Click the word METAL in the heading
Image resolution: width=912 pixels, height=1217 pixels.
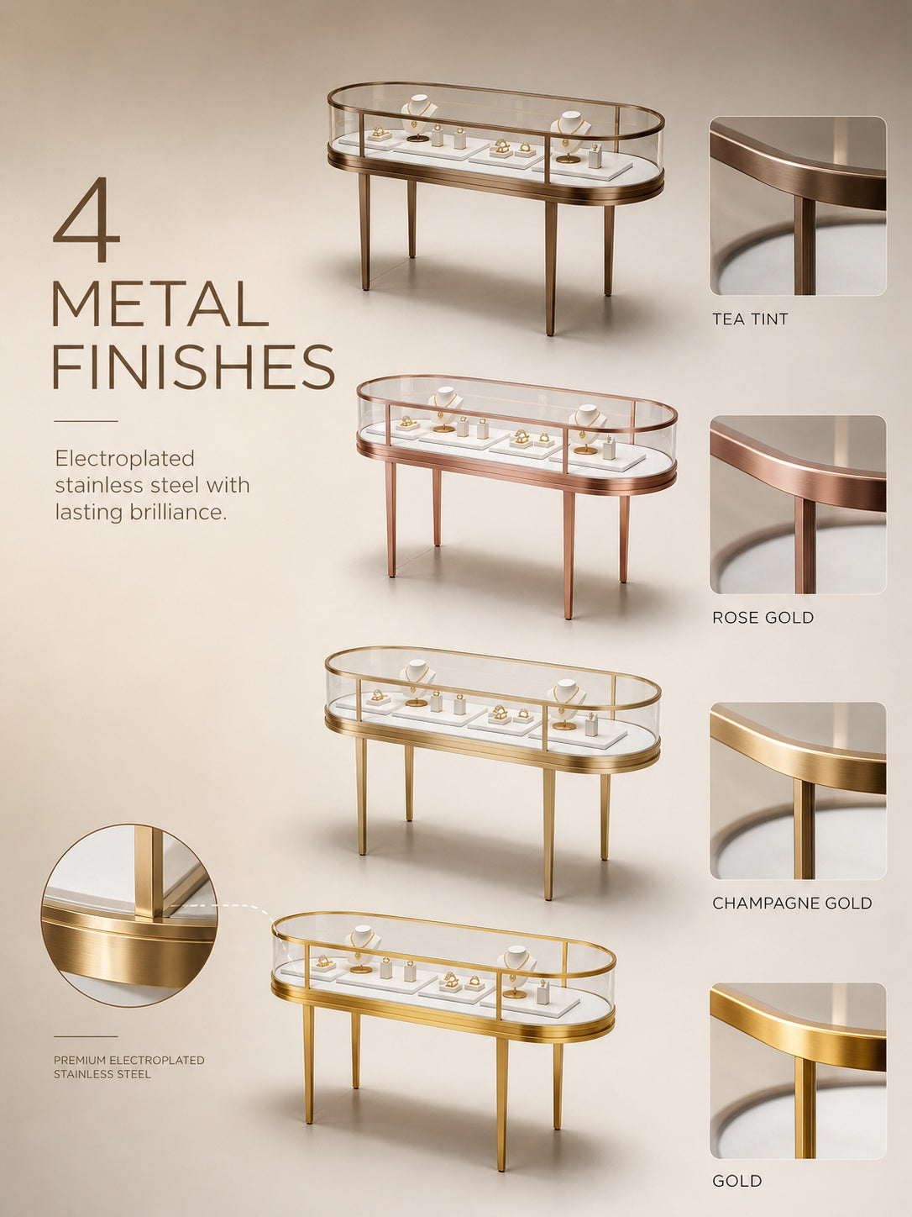[160, 304]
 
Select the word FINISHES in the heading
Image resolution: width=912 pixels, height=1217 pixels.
[193, 366]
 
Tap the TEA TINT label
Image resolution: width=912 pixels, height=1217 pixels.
[750, 319]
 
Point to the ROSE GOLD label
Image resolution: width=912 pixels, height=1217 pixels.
[763, 617]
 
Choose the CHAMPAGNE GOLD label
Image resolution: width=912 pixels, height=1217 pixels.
[792, 904]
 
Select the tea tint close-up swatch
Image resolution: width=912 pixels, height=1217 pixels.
[798, 206]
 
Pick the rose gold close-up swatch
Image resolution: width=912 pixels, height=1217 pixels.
[798, 504]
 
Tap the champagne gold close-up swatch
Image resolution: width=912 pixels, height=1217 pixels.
[798, 791]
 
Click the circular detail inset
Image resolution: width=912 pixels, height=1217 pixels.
[129, 914]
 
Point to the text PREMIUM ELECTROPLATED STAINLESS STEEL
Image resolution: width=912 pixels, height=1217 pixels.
[129, 1067]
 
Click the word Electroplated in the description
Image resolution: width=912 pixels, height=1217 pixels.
[125, 459]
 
